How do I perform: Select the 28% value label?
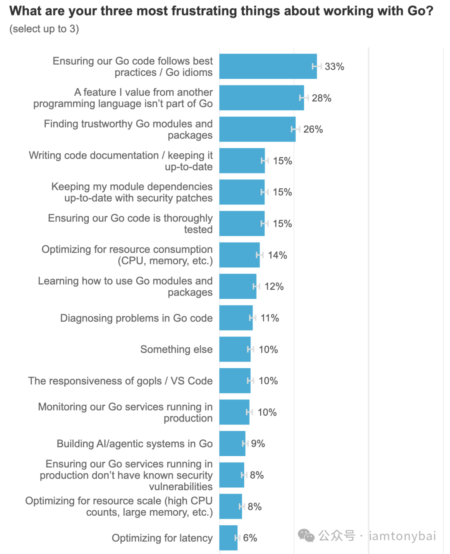321,98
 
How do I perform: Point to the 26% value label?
313,130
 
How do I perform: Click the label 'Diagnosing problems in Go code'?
136,318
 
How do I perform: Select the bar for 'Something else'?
235,349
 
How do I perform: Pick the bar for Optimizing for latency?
228,538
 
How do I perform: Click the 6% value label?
250,538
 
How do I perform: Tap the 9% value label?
258,444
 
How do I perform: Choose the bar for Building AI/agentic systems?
232,444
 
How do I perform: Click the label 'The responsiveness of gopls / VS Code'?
120,381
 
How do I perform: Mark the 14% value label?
277,255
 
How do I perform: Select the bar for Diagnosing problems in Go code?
236,318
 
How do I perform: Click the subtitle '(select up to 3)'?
44,29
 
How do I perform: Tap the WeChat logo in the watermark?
306,536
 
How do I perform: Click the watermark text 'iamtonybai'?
402,536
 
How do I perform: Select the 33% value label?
334,67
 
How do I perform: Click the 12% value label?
274,287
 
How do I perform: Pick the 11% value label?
270,318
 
